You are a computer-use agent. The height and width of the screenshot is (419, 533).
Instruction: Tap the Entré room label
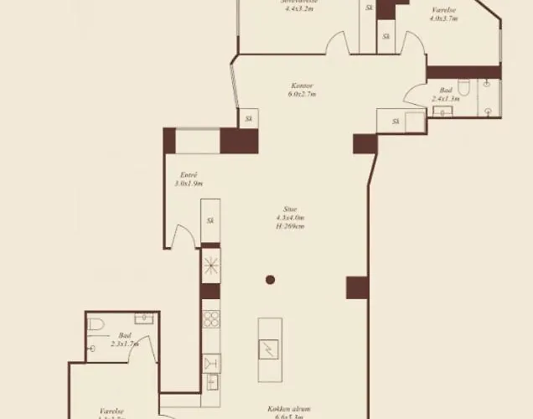click(x=188, y=173)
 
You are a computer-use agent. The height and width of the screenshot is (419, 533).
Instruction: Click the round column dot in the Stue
click(x=271, y=280)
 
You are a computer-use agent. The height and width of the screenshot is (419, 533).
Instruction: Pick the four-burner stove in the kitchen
click(x=211, y=320)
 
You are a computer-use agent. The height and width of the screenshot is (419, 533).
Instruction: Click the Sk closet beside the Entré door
click(x=210, y=221)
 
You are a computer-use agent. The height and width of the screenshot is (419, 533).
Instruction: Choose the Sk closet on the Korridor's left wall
click(x=248, y=120)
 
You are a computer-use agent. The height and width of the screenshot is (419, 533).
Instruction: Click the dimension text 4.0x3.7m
click(x=443, y=18)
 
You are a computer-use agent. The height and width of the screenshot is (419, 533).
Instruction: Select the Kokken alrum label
click(x=290, y=408)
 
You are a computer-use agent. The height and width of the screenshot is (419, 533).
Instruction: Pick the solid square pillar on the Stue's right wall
click(x=357, y=287)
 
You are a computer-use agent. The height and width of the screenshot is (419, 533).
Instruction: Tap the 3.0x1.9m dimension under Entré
click(x=188, y=183)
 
